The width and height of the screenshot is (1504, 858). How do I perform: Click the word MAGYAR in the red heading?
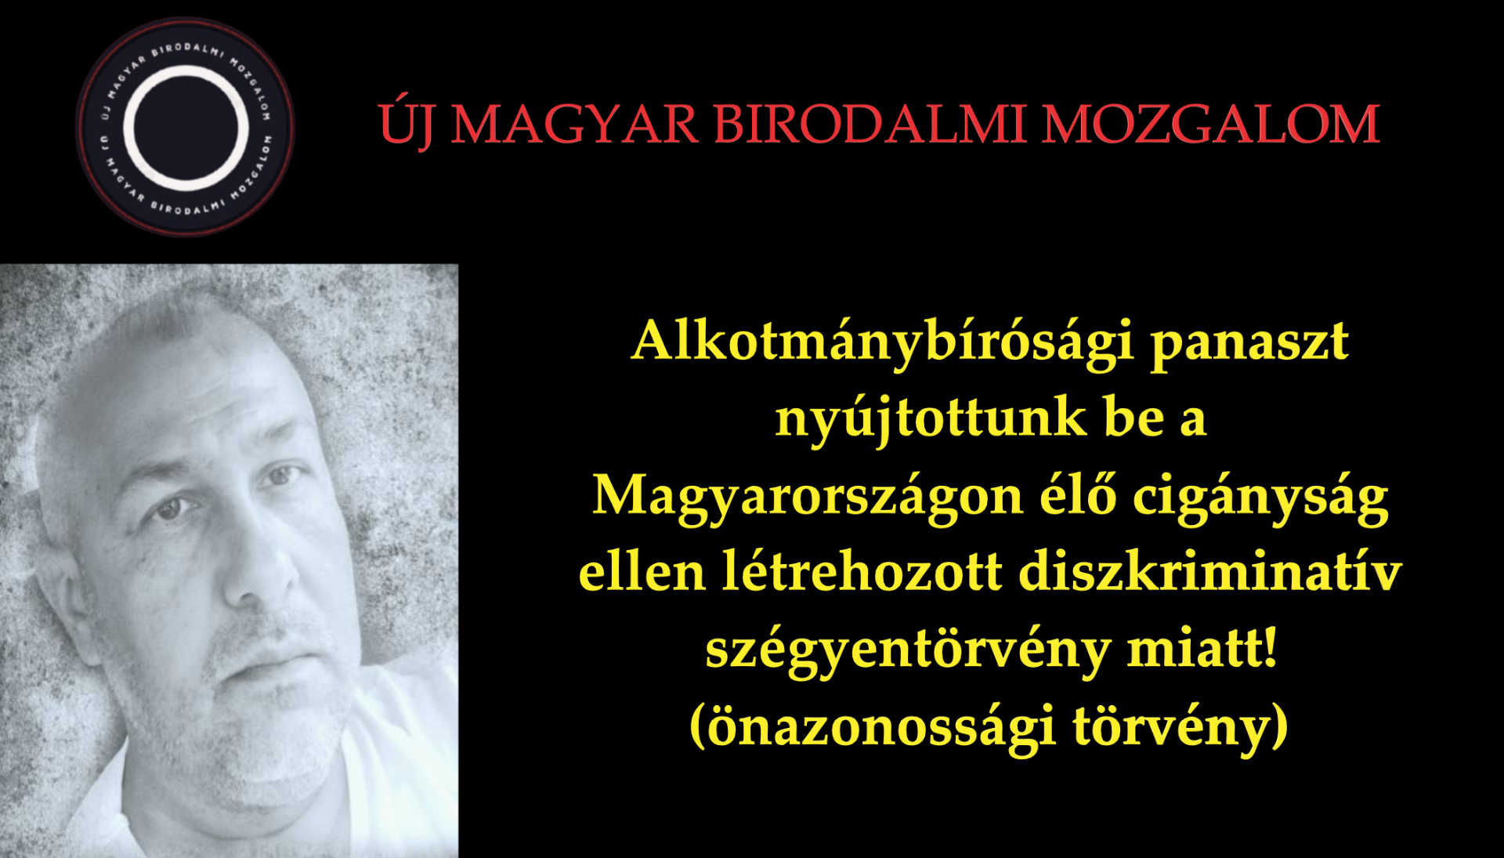tap(574, 124)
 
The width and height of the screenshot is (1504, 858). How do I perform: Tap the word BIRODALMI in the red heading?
tap(869, 124)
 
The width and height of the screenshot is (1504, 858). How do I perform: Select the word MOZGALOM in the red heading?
tap(1210, 124)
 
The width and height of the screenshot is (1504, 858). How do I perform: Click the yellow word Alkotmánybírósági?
tap(883, 342)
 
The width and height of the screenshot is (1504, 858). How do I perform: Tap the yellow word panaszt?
tap(1249, 345)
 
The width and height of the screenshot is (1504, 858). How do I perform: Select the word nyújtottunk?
tap(931, 419)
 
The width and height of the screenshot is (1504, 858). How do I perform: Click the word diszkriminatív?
tap(1210, 571)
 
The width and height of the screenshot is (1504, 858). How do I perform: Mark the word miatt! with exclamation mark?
tap(1202, 648)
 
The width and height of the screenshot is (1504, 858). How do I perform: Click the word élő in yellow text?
tap(1078, 494)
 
